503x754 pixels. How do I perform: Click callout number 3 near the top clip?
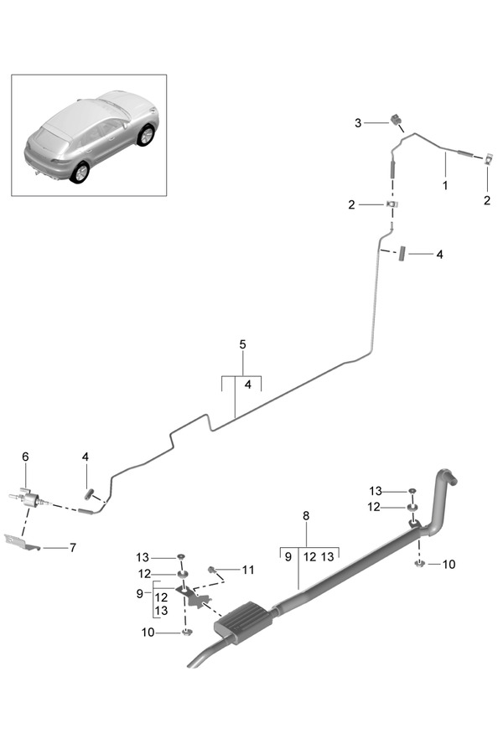[x=358, y=123]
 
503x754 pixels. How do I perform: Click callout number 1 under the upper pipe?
[x=445, y=185]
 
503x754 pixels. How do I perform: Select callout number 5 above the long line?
[x=242, y=344]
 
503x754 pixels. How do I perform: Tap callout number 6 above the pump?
[x=25, y=457]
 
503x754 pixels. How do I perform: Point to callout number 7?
[x=73, y=547]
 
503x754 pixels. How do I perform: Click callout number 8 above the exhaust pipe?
[x=306, y=516]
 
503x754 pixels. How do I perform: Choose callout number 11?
[x=248, y=570]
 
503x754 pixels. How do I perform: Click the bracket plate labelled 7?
[x=22, y=542]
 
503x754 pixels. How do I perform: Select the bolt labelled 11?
[x=212, y=570]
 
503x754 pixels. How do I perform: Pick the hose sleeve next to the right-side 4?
[x=402, y=253]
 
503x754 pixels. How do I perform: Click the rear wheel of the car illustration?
[x=80, y=173]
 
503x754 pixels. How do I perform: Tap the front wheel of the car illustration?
[x=146, y=135]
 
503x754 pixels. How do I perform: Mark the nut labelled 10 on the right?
[x=420, y=563]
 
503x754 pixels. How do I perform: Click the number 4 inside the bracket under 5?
[x=248, y=385]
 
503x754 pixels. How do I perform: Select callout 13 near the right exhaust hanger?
[x=376, y=491]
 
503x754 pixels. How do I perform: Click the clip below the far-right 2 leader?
[x=488, y=158]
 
